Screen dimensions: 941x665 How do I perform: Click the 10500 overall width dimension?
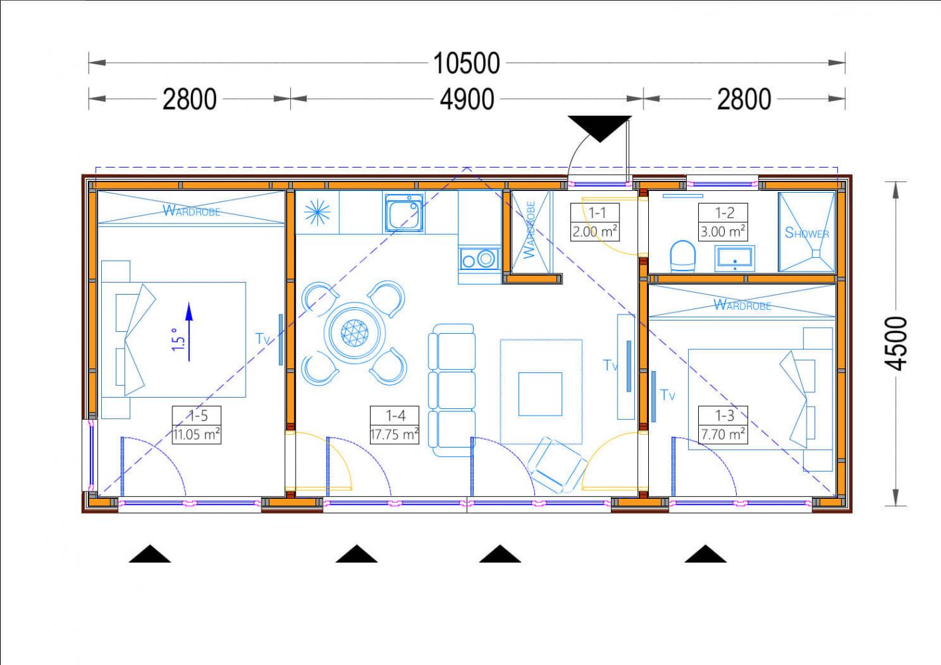[x=467, y=63]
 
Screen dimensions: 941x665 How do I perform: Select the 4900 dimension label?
[x=467, y=100]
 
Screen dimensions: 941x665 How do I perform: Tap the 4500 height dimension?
[x=896, y=344]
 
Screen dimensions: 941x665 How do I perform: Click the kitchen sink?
[x=404, y=213]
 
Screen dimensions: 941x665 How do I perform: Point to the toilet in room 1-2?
[x=683, y=255]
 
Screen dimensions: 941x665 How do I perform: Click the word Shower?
[x=807, y=233]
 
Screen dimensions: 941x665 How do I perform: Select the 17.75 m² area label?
[x=394, y=434]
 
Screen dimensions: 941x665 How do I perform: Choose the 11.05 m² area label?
[x=196, y=434]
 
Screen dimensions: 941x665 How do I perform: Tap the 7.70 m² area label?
[x=723, y=434]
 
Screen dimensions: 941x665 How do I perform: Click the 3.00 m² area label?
[x=723, y=231]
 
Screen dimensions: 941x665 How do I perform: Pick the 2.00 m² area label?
[x=595, y=231]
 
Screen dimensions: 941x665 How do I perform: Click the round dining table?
[x=355, y=333]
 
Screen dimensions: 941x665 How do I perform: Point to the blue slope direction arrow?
[x=189, y=332]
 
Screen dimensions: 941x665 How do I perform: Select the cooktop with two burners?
[x=479, y=259]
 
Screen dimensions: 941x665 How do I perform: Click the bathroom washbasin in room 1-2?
[x=734, y=258]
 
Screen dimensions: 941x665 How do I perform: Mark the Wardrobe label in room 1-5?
[x=191, y=210]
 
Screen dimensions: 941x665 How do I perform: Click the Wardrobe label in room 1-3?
[x=742, y=305]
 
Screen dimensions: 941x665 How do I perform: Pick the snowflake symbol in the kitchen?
[x=317, y=212]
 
